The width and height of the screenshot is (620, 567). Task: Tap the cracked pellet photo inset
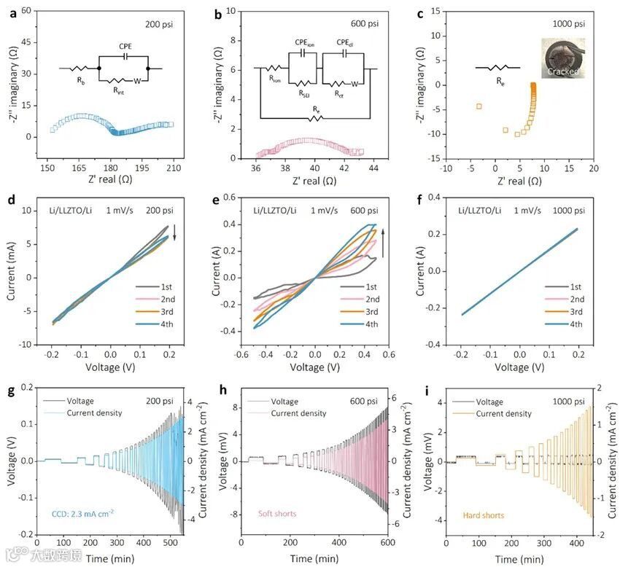559,58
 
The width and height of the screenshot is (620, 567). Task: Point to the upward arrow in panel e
383,235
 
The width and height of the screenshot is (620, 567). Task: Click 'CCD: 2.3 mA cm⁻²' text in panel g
82,513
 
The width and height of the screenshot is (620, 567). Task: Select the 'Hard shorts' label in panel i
485,516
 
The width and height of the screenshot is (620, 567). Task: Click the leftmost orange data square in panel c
479,106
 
